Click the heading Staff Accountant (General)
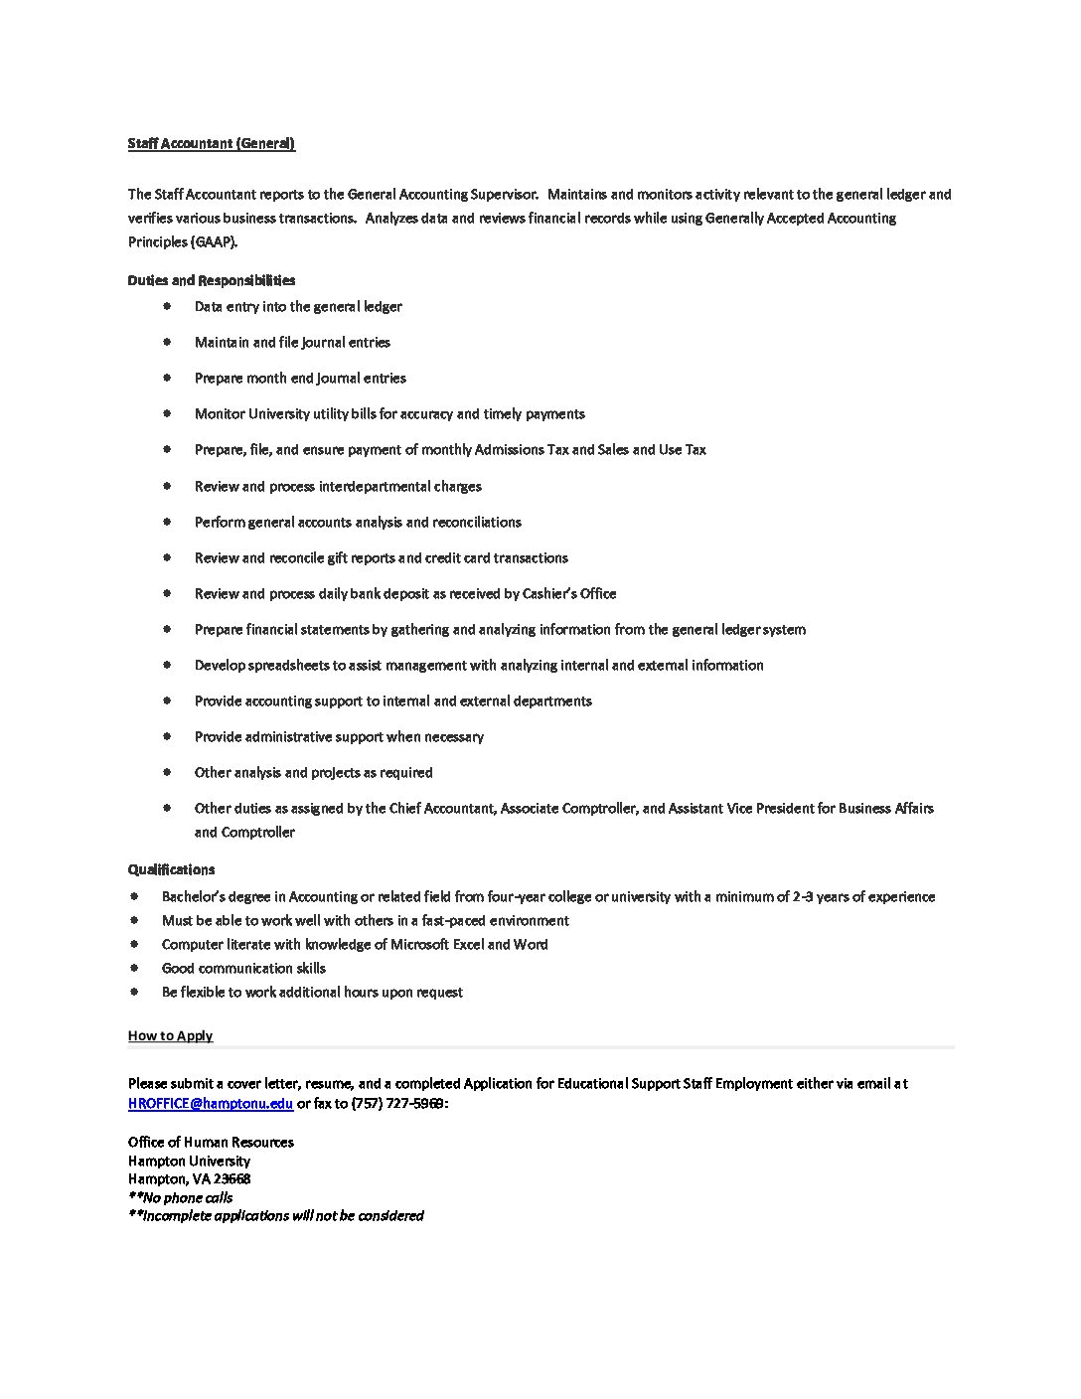point(211,143)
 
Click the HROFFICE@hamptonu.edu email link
point(211,1103)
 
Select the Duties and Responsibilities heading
point(211,280)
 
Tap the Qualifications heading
point(171,869)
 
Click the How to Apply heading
point(170,1035)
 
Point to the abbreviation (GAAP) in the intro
point(211,241)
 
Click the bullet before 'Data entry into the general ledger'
point(168,306)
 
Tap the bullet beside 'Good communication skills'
point(134,968)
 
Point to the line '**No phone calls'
point(180,1197)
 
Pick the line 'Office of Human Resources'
point(211,1142)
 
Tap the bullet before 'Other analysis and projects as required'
point(168,772)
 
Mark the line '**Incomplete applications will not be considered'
point(275,1215)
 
